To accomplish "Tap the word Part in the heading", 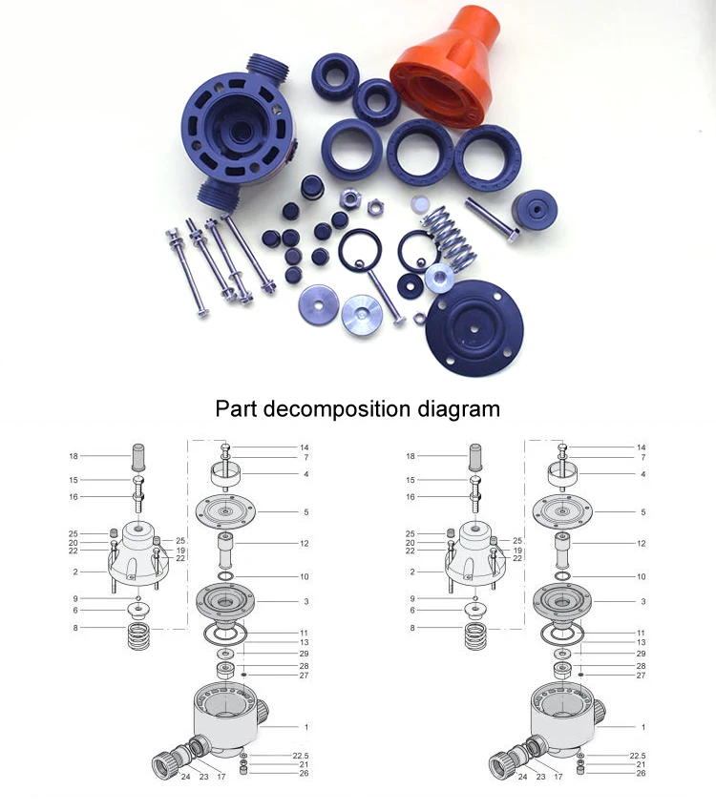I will click(237, 409).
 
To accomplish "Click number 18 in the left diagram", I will click(73, 457).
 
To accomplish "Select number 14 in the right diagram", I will click(642, 447).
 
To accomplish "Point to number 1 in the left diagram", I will click(306, 727).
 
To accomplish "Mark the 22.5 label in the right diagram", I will click(638, 755).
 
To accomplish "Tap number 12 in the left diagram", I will click(305, 544).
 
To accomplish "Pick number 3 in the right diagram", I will click(643, 602).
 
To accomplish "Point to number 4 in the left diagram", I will click(306, 473).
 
